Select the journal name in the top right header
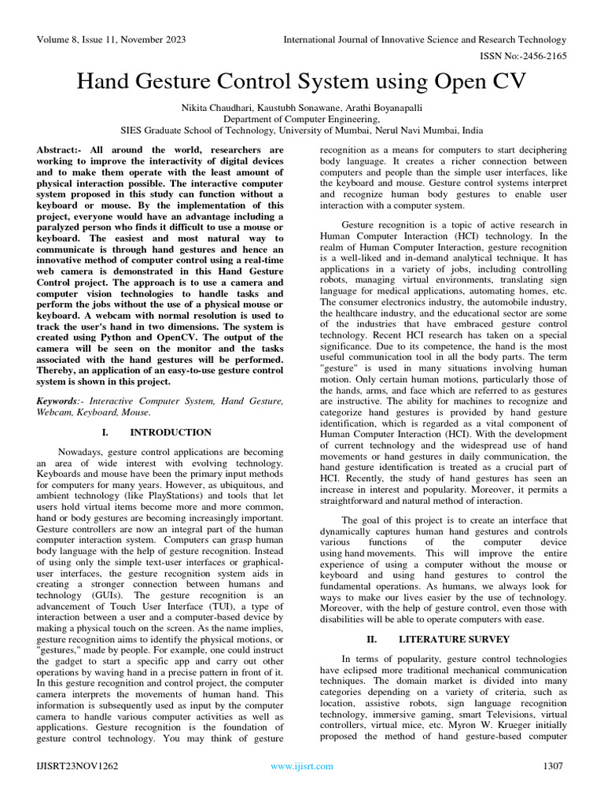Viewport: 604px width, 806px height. [425, 39]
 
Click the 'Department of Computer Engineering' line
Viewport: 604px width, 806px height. [301, 119]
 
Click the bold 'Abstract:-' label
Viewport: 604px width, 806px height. [61, 149]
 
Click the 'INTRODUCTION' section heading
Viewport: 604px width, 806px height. [170, 432]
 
